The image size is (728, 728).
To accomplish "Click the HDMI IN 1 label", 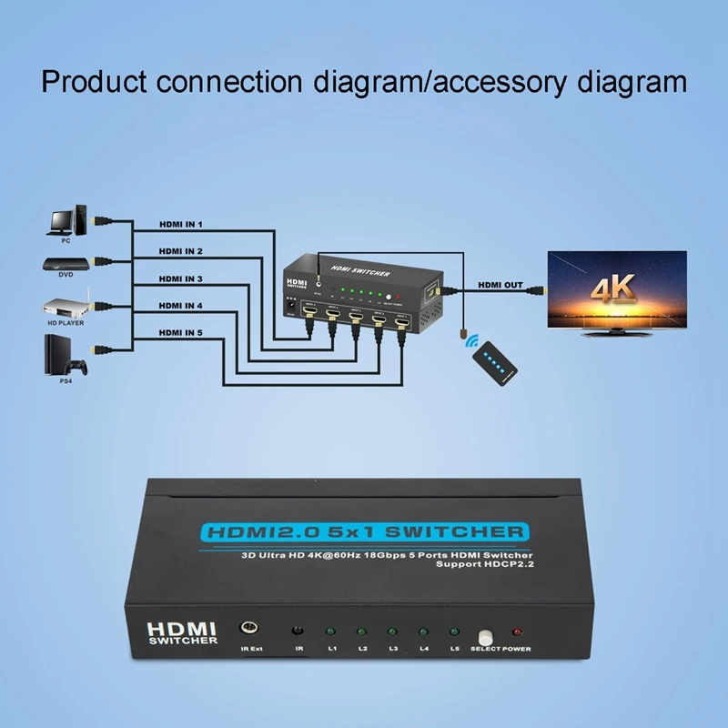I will click(180, 224).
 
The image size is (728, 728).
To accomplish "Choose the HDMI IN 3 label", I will click(180, 278).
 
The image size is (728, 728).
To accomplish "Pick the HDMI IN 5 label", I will click(180, 333).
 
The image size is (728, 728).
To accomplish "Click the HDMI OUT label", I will click(500, 285).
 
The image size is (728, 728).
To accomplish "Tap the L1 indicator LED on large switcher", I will click(331, 631).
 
